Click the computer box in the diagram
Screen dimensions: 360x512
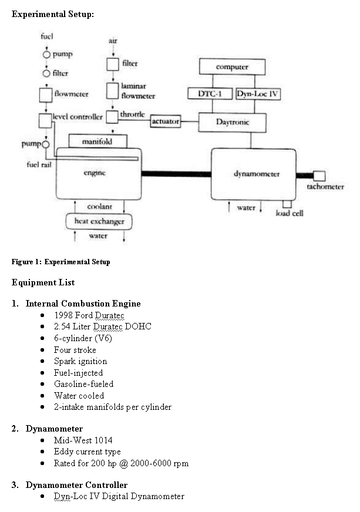pos(233,67)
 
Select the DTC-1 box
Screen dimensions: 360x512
pos(210,94)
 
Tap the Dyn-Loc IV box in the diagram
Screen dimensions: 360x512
pos(258,94)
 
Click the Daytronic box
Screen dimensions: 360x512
pos(233,123)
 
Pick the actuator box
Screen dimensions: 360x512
pos(166,122)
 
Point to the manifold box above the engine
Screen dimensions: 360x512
pos(97,142)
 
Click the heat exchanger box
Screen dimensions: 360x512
pos(99,222)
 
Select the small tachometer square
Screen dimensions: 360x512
pos(319,176)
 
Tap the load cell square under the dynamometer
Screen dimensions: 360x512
pos(287,204)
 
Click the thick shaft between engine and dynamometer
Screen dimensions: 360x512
pos(176,174)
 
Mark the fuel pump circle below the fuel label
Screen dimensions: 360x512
pos(47,55)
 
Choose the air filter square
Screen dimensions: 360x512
pos(113,65)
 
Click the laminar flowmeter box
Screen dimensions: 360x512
pos(112,91)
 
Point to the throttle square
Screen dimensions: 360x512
pos(112,117)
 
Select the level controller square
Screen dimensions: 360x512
pos(45,121)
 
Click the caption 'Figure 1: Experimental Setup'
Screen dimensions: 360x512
pos(60,262)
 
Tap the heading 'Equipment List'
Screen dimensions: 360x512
pos(43,282)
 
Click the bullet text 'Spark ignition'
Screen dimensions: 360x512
pos(80,362)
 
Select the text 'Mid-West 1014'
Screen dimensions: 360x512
pos(83,440)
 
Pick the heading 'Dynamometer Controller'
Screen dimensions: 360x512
pos(76,485)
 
